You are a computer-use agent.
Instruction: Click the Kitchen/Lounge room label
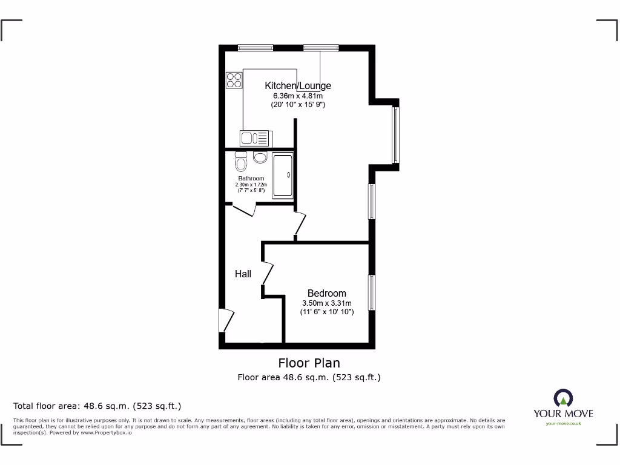coord(298,86)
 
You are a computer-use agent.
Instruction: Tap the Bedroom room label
coord(326,294)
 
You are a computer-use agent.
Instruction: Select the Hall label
coord(243,274)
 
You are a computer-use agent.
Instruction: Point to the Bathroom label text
coord(251,179)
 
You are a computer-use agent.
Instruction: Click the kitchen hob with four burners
coord(234,80)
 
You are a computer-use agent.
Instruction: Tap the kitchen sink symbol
coord(254,138)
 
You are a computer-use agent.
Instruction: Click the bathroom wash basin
coord(260,157)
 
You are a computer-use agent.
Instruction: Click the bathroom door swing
coord(243,211)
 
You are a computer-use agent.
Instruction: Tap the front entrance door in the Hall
coord(226,320)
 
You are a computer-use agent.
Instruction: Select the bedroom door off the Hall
coord(268,272)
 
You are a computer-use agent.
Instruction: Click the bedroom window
coord(371,293)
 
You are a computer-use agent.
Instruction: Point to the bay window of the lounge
coord(395,135)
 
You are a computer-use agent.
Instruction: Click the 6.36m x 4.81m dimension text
coord(298,96)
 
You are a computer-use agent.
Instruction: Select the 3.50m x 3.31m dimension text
coord(326,303)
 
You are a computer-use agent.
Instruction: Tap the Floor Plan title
coord(309,363)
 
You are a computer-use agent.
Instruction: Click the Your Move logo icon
coord(563,398)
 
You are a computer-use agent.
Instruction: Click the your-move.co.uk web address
coord(563,423)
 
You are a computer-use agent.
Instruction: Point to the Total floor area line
coord(97,406)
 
